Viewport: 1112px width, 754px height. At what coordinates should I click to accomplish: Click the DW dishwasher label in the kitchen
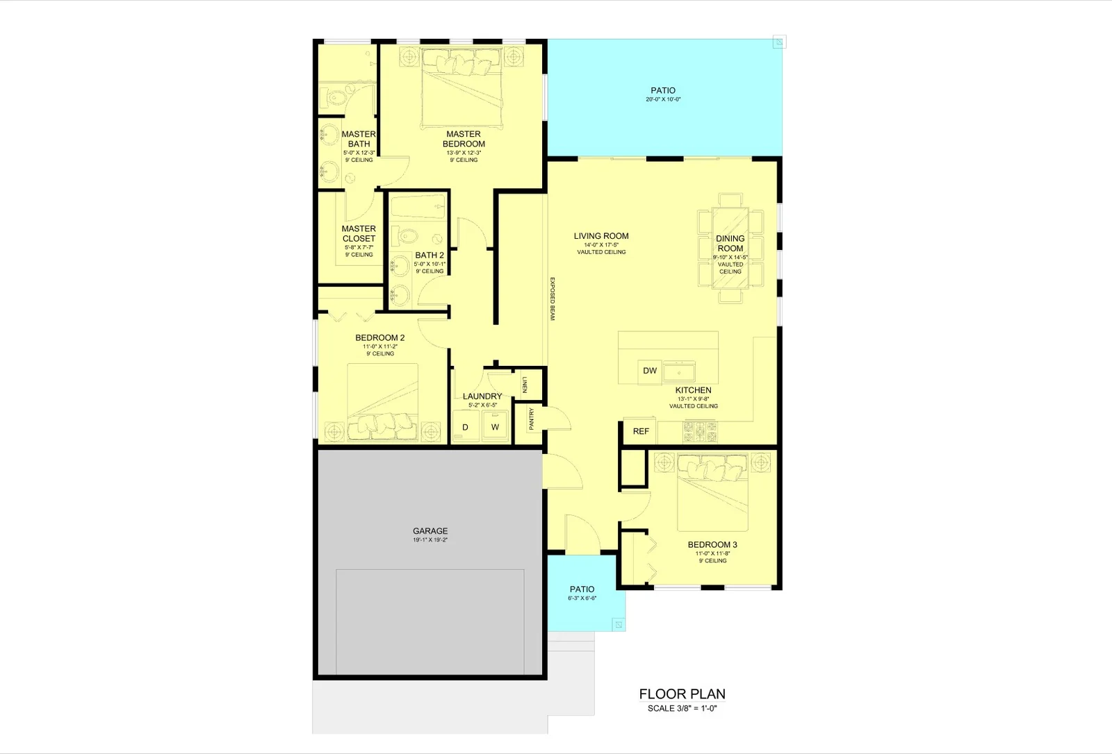tap(650, 371)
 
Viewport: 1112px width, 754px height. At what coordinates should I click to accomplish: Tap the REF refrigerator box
tap(640, 431)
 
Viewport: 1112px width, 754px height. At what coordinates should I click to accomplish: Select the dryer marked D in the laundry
tap(466, 426)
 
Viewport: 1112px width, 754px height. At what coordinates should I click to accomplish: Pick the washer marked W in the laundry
tap(495, 426)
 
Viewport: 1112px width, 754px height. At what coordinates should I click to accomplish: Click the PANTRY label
tap(532, 419)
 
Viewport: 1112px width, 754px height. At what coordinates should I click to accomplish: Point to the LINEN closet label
tap(525, 385)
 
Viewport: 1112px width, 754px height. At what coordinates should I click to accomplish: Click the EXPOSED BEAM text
tap(552, 299)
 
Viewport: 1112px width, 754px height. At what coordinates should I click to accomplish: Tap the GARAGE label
tap(430, 530)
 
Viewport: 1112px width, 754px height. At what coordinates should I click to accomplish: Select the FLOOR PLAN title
tap(682, 694)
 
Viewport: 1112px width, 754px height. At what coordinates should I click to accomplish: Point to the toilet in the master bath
tap(334, 97)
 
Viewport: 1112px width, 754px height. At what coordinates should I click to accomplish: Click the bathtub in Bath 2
tap(418, 206)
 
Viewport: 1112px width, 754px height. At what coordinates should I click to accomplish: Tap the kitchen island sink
tap(679, 371)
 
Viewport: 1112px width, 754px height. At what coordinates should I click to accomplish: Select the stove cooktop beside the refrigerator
tap(700, 432)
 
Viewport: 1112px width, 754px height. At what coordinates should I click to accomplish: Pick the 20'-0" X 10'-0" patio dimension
tap(663, 99)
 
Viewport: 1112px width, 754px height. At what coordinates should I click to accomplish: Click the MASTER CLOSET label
tap(359, 233)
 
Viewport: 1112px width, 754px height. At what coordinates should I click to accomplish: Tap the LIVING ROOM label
tap(601, 236)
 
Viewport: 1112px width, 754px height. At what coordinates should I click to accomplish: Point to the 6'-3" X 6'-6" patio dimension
tap(582, 598)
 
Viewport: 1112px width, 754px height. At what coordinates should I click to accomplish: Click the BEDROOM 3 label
tap(712, 544)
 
